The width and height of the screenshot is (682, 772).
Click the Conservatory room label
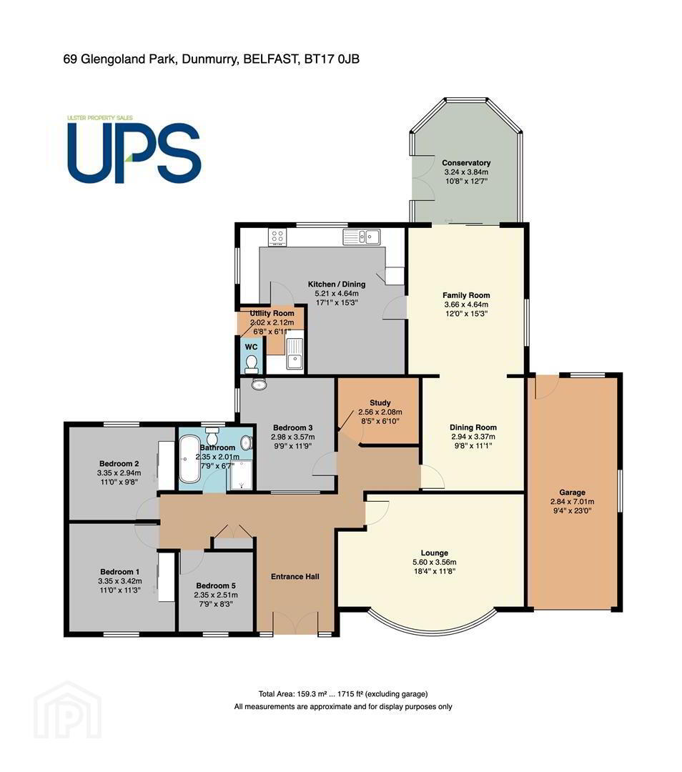tap(466, 163)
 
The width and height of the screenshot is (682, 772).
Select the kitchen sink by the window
tap(362, 237)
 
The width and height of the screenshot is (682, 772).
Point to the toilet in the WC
tap(252, 364)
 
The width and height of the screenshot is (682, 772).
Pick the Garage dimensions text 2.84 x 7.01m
tap(572, 502)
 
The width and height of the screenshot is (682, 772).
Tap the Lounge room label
tap(435, 553)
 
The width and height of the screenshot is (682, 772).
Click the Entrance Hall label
tap(295, 577)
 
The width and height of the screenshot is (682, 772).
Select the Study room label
tap(380, 402)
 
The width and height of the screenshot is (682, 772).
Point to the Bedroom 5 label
tap(216, 585)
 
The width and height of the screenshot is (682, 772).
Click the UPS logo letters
tap(134, 153)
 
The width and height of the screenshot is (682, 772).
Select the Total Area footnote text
tap(343, 694)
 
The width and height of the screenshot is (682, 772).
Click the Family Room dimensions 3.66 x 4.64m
tap(466, 305)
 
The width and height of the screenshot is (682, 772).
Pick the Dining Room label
tap(473, 427)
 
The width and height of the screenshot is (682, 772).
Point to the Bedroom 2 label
tap(119, 463)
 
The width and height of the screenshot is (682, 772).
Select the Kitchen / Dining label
tap(337, 284)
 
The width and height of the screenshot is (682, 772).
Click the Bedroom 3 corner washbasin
tap(258, 384)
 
